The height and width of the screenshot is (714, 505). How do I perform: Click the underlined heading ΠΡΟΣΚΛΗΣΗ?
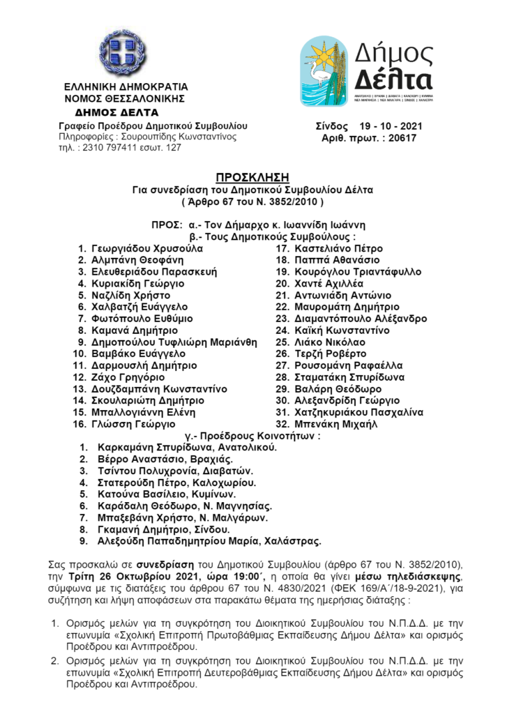(252, 177)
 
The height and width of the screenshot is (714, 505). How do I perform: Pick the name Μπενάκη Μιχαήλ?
(333, 423)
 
